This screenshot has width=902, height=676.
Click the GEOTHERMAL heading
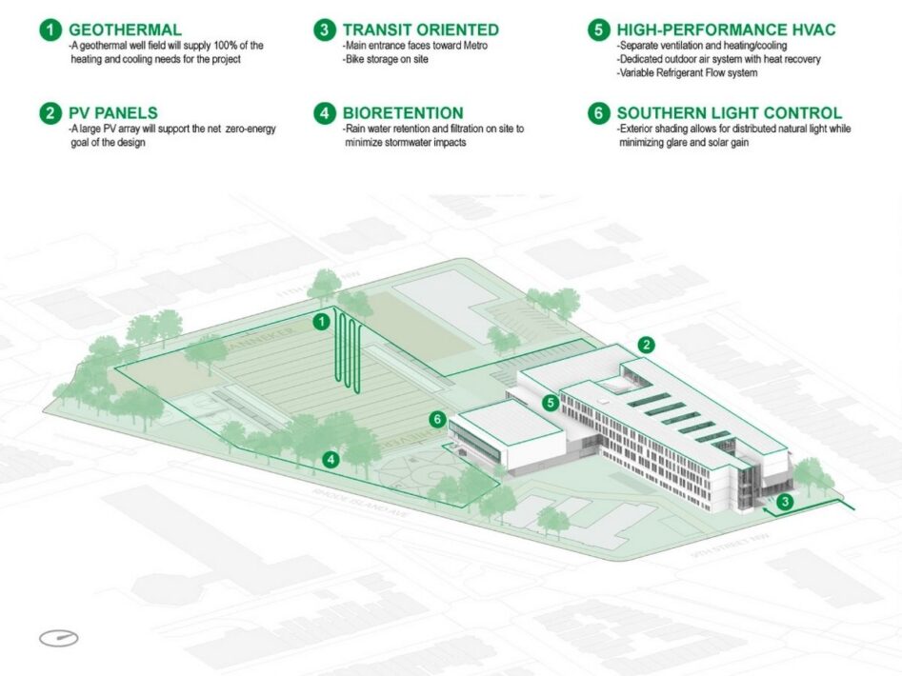[x=125, y=30]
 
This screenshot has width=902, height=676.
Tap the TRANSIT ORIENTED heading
[x=420, y=30]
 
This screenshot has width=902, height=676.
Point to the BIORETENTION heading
[x=403, y=113]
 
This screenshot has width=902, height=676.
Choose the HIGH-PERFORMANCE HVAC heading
[x=726, y=30]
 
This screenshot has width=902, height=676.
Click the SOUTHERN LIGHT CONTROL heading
[x=729, y=113]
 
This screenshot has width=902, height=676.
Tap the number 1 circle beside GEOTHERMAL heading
[x=50, y=30]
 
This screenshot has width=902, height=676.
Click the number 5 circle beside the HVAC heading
[x=598, y=30]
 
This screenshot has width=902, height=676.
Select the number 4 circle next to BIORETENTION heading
[x=324, y=113]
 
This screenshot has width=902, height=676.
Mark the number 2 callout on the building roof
[x=647, y=345]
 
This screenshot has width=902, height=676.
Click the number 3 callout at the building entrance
[x=784, y=501]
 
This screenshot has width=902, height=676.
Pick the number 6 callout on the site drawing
[x=438, y=419]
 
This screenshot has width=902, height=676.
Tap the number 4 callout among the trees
[x=331, y=460]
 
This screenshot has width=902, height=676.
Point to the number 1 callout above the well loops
[x=322, y=322]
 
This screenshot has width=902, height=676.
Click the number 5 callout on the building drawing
[x=550, y=403]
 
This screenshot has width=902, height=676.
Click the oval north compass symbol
[x=59, y=638]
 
